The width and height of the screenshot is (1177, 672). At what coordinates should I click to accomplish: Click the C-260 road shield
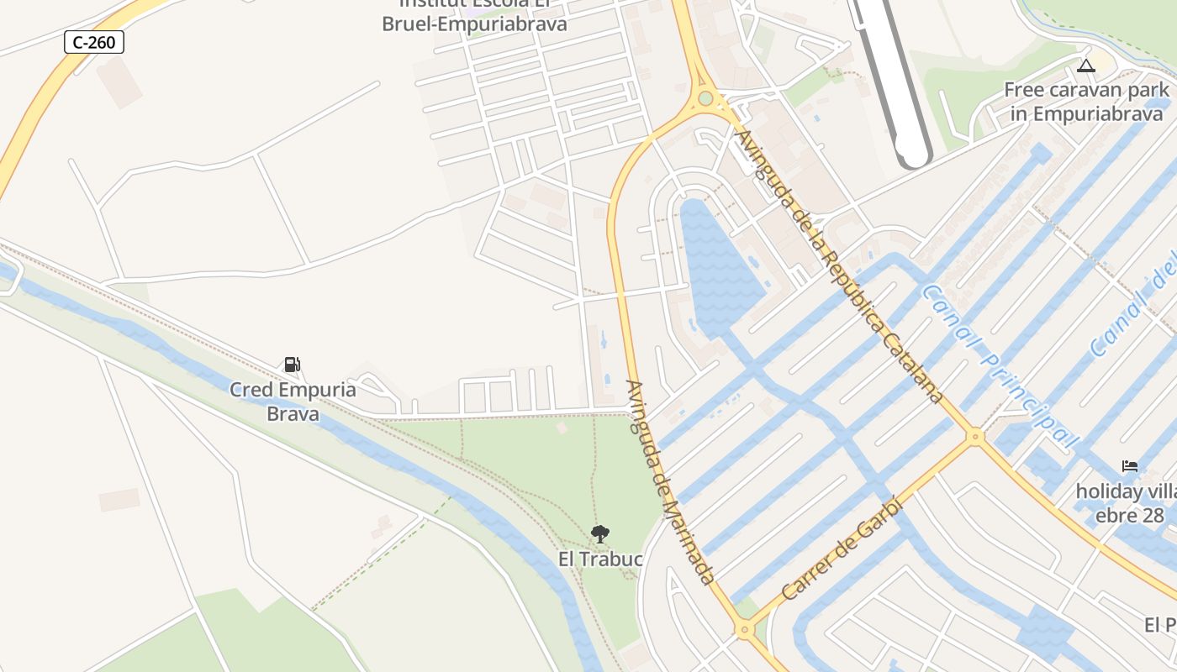[x=94, y=42]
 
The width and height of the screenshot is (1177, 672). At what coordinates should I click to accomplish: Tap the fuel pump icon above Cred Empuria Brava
[x=292, y=365]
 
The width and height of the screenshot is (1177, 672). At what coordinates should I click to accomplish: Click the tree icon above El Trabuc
[x=599, y=533]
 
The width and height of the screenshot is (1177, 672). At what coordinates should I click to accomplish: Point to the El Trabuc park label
[x=600, y=559]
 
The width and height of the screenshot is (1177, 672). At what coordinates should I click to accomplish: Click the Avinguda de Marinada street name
[x=670, y=482]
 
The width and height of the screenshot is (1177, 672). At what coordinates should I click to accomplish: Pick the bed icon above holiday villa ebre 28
[x=1130, y=465]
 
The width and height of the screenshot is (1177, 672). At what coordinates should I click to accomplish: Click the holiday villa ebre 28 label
[x=1127, y=502]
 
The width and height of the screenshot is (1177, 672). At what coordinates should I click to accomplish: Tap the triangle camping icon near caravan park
[x=1086, y=66]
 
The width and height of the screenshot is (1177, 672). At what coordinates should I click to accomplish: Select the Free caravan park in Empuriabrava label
[x=1086, y=101]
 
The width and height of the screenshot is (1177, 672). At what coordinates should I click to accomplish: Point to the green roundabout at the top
[x=705, y=99]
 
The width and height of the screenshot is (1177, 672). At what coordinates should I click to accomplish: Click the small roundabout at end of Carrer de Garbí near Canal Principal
[x=975, y=436]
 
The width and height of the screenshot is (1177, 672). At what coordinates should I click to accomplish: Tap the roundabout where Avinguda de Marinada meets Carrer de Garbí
[x=743, y=628]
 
